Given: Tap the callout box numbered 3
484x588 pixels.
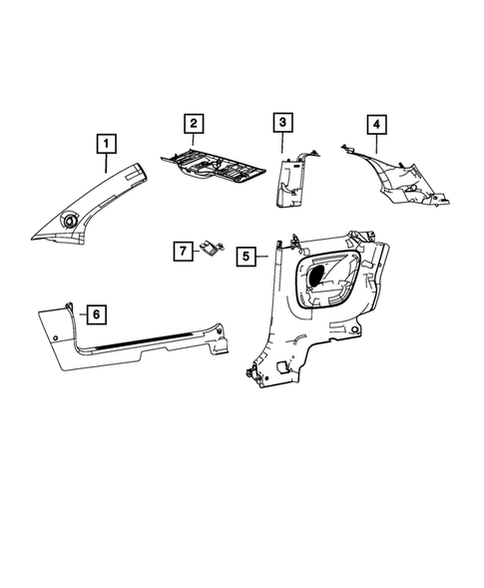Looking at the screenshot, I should [x=282, y=124].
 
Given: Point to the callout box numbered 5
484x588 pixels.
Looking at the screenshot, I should [x=243, y=257].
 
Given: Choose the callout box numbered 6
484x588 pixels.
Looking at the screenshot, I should [x=96, y=314].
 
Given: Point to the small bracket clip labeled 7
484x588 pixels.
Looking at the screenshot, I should [x=212, y=251].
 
